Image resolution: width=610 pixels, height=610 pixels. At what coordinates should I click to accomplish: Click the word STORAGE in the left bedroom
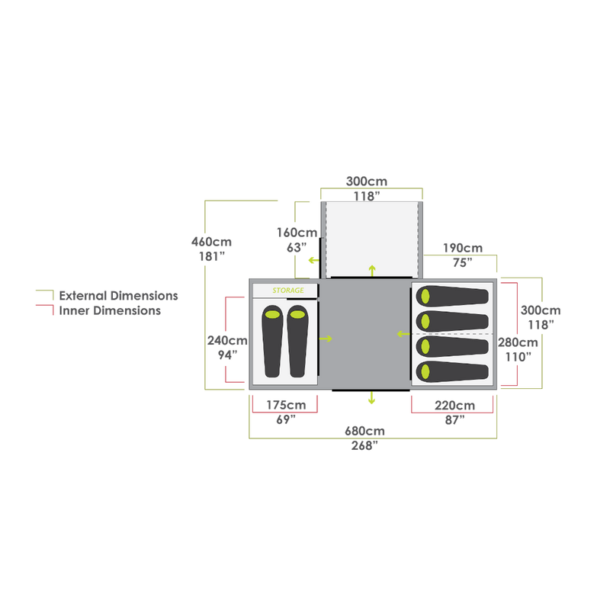(288, 291)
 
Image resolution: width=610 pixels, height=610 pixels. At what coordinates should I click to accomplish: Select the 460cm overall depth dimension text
(210, 242)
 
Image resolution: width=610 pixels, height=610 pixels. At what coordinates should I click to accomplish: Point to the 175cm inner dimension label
(285, 405)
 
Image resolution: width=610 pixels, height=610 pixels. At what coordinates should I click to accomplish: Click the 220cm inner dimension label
(453, 406)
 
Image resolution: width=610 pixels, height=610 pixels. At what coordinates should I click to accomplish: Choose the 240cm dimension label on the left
(226, 341)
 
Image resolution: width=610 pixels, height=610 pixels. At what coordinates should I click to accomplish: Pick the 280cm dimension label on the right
(518, 343)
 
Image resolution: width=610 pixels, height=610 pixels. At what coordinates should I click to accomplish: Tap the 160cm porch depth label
(297, 233)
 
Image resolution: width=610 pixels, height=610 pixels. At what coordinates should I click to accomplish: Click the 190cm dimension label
(462, 249)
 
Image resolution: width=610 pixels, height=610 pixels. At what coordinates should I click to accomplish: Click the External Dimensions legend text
(118, 295)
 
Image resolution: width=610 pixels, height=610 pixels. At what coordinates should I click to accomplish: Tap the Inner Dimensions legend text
(110, 311)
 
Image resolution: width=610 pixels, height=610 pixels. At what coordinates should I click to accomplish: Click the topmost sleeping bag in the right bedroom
(451, 296)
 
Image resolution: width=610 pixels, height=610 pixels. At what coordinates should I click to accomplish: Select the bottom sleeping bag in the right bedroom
(451, 371)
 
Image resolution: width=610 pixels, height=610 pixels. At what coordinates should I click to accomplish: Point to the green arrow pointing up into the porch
(371, 268)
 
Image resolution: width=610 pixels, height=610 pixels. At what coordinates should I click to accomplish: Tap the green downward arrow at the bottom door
(371, 397)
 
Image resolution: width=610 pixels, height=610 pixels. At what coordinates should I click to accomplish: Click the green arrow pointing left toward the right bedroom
(402, 333)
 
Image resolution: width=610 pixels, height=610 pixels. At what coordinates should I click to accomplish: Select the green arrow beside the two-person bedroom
(327, 338)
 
